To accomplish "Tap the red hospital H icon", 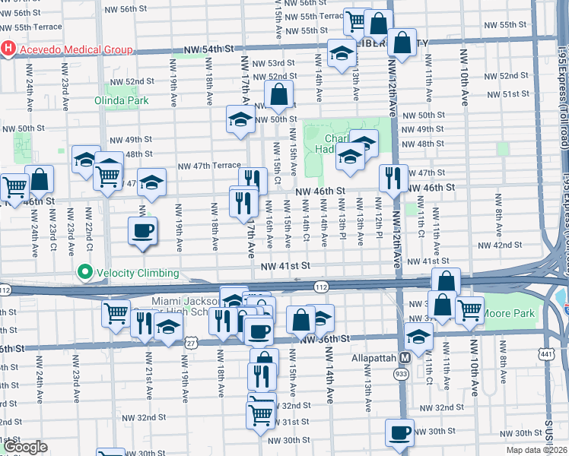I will click(8, 50).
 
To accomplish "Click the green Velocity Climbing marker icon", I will click(84, 273).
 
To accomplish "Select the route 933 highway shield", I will click(401, 374).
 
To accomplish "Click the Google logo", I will click(26, 447).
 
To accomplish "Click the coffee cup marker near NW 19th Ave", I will click(142, 230).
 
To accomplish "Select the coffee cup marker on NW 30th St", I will click(399, 433).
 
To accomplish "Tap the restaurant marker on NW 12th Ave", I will click(393, 179).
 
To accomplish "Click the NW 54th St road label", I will click(207, 49).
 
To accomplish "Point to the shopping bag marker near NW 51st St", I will click(280, 96).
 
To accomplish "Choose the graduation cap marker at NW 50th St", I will click(240, 120).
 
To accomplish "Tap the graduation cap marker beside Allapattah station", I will click(418, 336).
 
